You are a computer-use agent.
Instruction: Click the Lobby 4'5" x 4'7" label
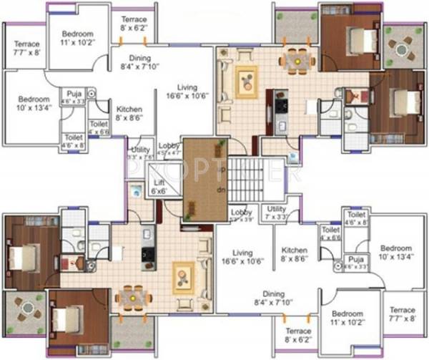169,147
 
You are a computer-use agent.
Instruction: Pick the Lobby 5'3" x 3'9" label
240,215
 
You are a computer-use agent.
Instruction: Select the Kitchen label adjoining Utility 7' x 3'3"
293,253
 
